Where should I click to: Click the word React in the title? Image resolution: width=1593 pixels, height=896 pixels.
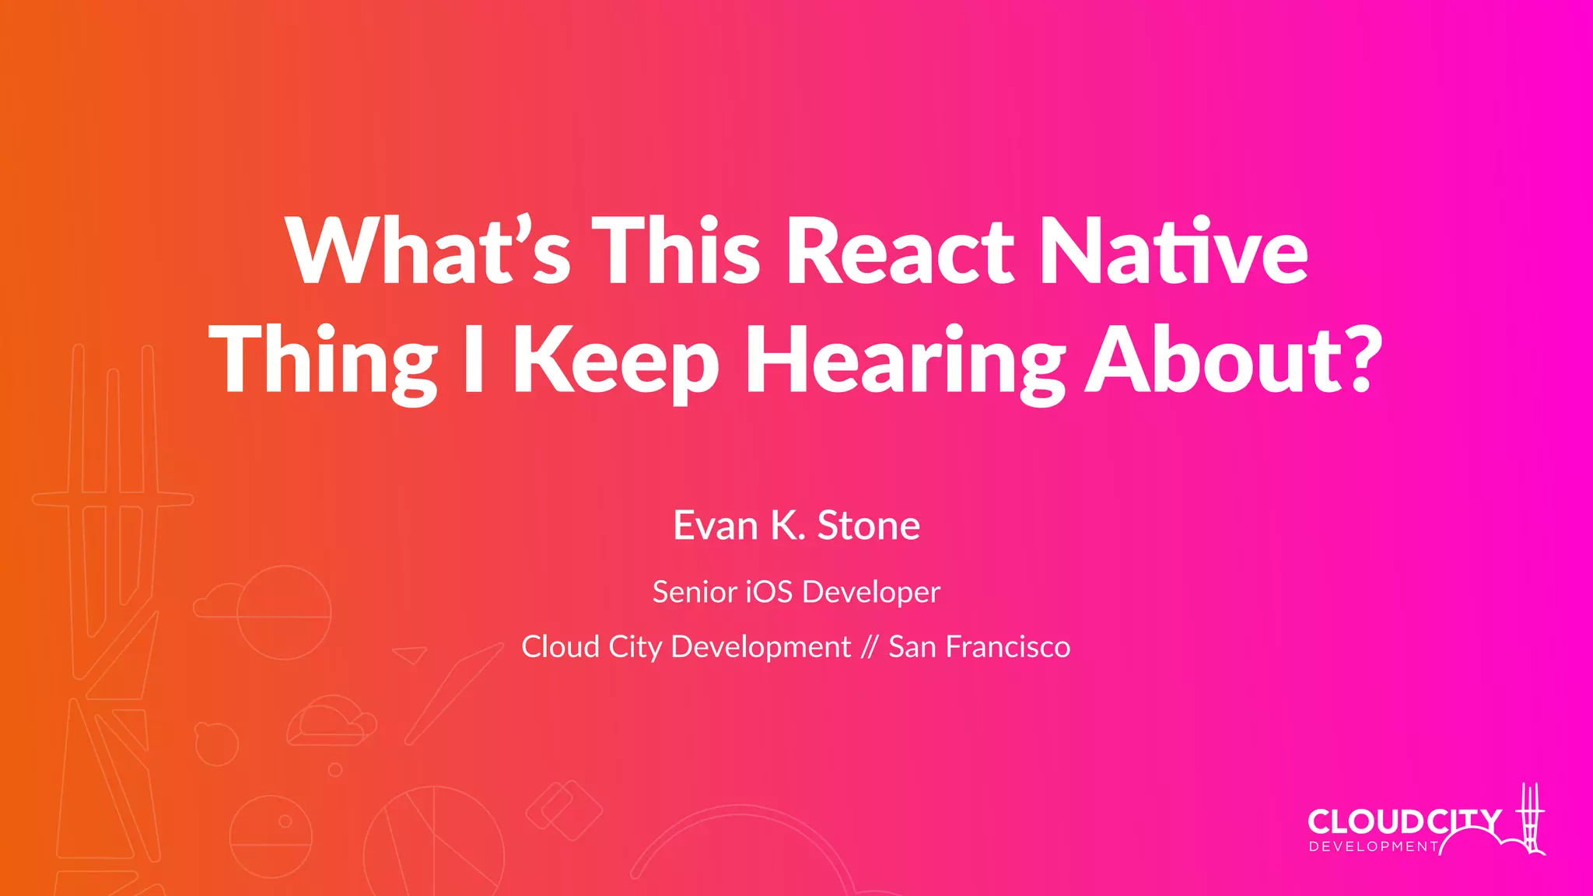point(900,250)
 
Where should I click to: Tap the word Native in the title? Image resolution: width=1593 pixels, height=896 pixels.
point(1173,250)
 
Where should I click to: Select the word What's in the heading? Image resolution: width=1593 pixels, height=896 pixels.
point(428,250)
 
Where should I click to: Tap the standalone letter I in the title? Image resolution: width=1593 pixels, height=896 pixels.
point(474,359)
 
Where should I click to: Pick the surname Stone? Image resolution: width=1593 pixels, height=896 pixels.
point(869,526)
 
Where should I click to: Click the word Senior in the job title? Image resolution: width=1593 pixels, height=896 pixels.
point(695,592)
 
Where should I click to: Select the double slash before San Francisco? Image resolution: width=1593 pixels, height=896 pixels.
point(870,647)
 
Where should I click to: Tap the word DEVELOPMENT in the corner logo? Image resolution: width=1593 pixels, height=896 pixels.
point(1374,847)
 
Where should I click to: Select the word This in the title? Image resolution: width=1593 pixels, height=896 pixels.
point(676,250)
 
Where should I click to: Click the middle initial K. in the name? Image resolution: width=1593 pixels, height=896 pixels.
point(787,526)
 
